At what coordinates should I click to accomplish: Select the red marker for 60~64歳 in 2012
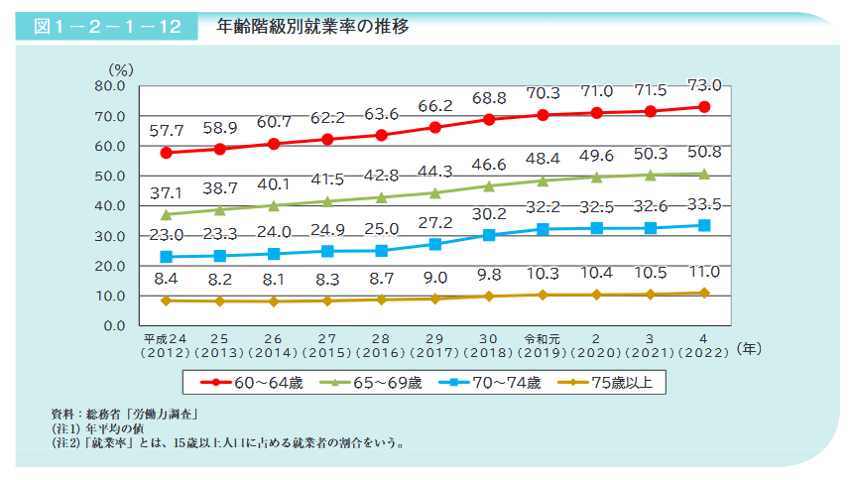point(167,153)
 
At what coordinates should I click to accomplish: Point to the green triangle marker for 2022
point(703,174)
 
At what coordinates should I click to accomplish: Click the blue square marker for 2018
point(489,235)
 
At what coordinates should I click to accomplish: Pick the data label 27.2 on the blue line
point(435,222)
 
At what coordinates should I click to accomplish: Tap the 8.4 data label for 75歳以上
point(167,280)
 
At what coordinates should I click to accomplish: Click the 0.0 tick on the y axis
point(113,325)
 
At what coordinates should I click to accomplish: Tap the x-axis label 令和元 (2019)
point(543,343)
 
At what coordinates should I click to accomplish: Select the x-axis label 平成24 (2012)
point(167,343)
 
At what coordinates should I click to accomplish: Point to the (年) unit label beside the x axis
point(751,349)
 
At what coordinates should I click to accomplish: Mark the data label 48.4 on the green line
point(543,159)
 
